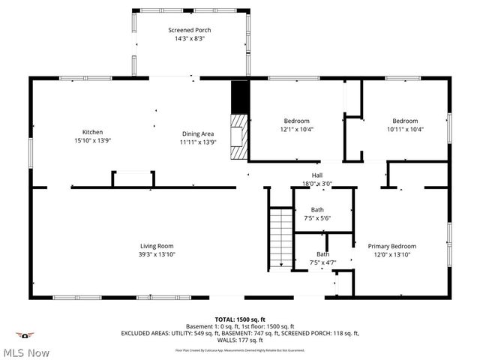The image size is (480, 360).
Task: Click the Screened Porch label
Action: click(190, 29)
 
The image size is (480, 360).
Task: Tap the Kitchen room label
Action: click(92, 133)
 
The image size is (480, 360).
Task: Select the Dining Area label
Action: click(198, 133)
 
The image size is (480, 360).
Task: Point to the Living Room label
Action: click(157, 246)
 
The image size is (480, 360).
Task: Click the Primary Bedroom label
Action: click(391, 246)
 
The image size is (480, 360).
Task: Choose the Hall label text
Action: click(317, 175)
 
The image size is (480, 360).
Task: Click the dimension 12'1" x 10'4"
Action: click(296, 130)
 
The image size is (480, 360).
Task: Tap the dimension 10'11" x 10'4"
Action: click(405, 130)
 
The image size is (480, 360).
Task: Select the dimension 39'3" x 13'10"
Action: click(157, 255)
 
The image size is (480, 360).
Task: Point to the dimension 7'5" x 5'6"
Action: click(318, 218)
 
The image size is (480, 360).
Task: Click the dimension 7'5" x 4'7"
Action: click(322, 263)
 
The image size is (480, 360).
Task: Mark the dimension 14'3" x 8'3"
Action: click(190, 38)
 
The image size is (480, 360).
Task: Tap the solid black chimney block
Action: click(238, 96)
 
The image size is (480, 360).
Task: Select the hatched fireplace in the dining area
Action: click(238, 136)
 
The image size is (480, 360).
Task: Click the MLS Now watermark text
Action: click(27, 352)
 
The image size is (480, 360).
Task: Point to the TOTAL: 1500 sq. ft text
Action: click(240, 319)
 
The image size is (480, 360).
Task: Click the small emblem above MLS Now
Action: click(26, 335)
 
